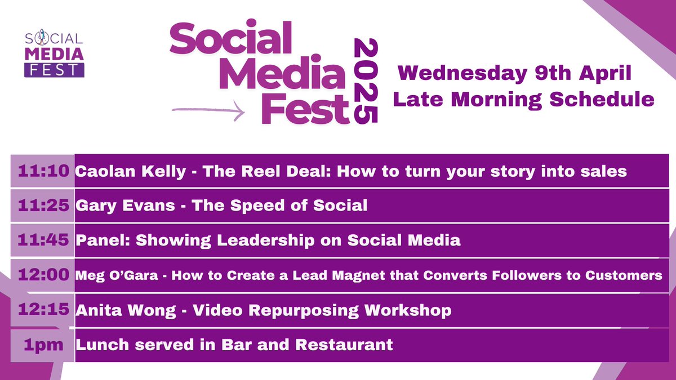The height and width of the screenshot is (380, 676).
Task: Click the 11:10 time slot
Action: (x=43, y=171)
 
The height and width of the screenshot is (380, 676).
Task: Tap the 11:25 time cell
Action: (x=43, y=205)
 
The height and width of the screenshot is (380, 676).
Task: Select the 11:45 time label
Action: (x=43, y=240)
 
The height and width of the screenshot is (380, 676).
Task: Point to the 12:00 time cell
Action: (x=43, y=275)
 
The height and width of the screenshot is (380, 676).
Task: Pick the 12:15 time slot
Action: (x=43, y=310)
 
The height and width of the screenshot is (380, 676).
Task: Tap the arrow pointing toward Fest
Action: (x=208, y=110)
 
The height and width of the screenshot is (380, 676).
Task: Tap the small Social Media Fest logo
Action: (x=54, y=54)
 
